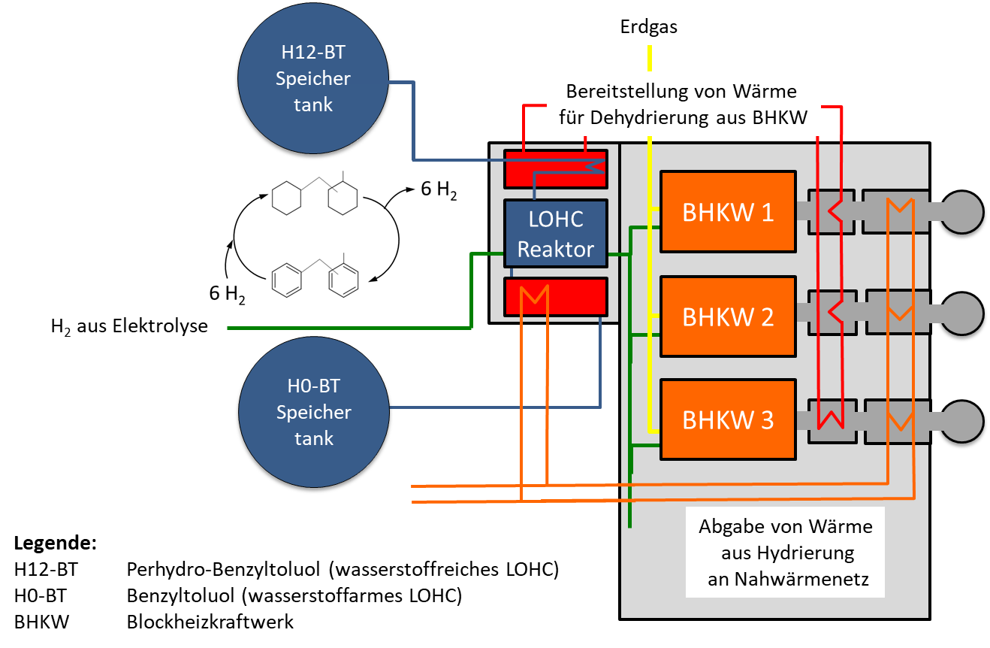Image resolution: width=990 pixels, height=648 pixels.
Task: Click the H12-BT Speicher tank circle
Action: point(312,79)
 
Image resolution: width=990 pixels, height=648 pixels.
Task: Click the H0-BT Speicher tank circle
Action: point(313,412)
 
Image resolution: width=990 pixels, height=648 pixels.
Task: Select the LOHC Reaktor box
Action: point(556,233)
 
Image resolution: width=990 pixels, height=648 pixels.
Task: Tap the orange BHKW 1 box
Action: point(727,212)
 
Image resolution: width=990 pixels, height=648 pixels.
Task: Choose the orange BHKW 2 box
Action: point(727,316)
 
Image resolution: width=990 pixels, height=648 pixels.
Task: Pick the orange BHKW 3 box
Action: point(727,419)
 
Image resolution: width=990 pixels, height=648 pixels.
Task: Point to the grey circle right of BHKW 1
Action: point(962,211)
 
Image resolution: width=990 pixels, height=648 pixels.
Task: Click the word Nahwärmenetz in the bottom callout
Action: point(784,580)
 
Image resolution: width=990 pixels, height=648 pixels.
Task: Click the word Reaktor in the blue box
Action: point(556,250)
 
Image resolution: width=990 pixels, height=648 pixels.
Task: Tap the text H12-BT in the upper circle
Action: point(313,52)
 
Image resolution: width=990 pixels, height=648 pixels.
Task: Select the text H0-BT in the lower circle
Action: point(313,386)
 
